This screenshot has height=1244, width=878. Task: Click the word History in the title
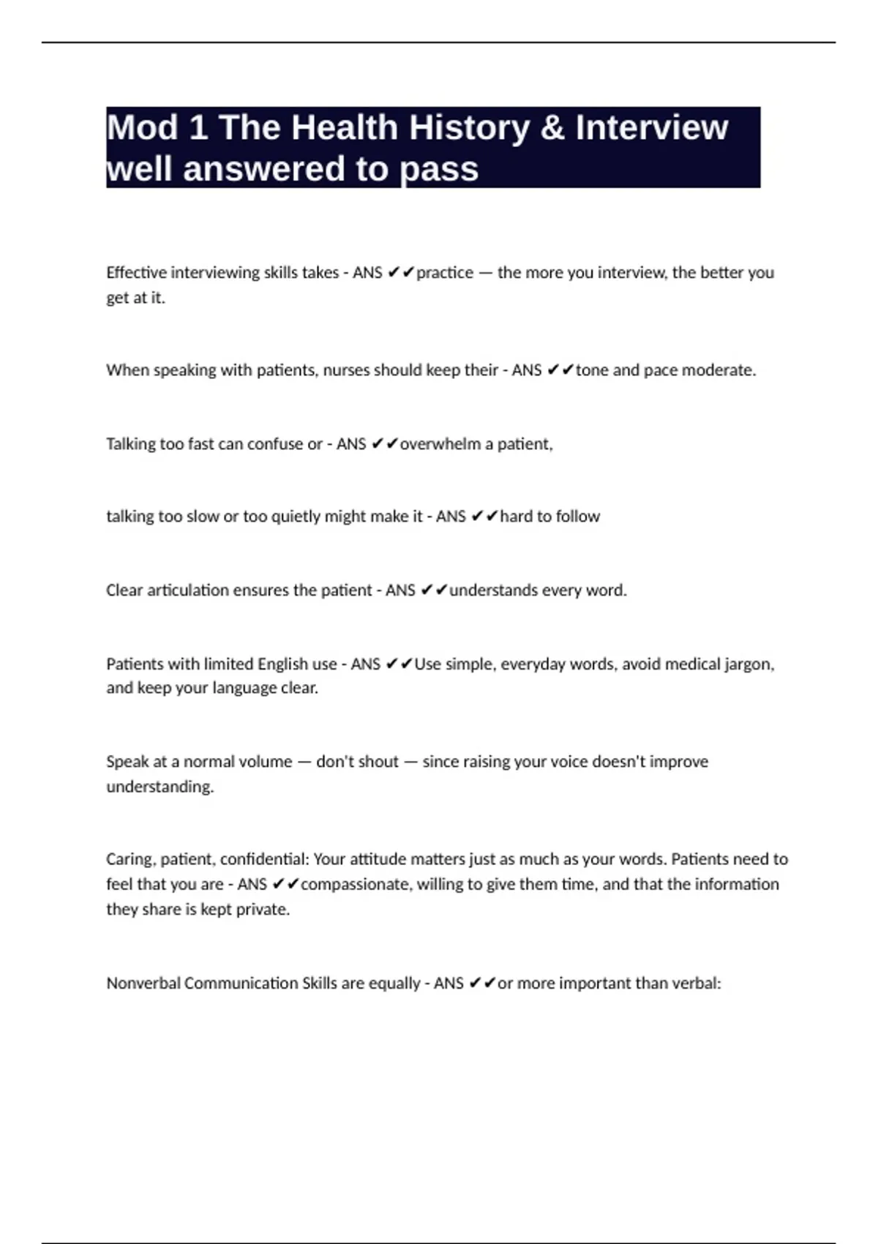point(468,128)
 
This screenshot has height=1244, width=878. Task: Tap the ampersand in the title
point(552,128)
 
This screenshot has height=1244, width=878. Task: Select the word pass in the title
point(440,170)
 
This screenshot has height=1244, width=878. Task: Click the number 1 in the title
point(198,128)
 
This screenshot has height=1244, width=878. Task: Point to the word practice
point(445,273)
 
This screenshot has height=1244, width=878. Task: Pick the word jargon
point(748,664)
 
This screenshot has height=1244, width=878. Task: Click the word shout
point(378,762)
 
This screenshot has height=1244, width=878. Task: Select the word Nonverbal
point(143,983)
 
